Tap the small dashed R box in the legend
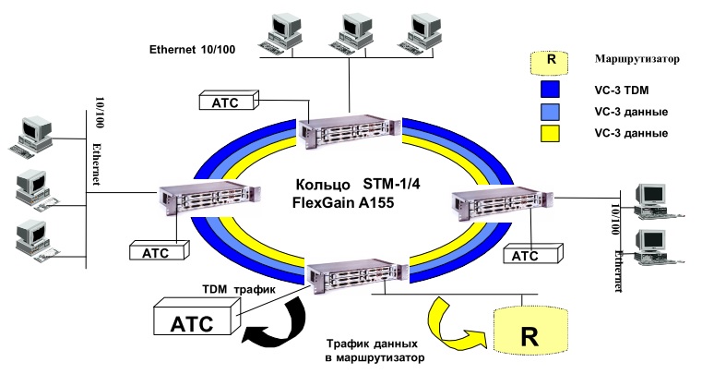(551, 61)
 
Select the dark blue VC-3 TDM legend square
(551, 90)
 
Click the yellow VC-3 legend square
(551, 133)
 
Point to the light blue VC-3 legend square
(551, 112)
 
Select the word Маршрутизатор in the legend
(637, 59)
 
